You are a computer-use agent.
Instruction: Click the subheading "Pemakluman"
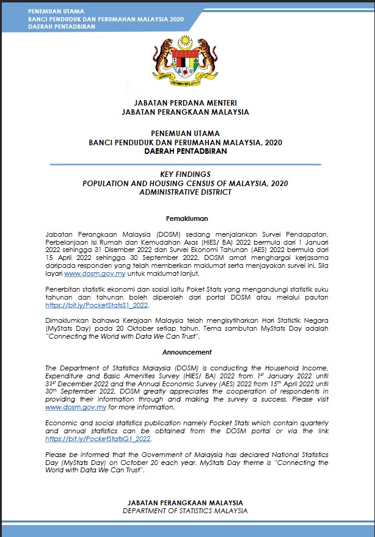187,218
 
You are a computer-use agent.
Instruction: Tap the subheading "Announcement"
187,352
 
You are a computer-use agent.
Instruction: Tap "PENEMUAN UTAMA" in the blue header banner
56,12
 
